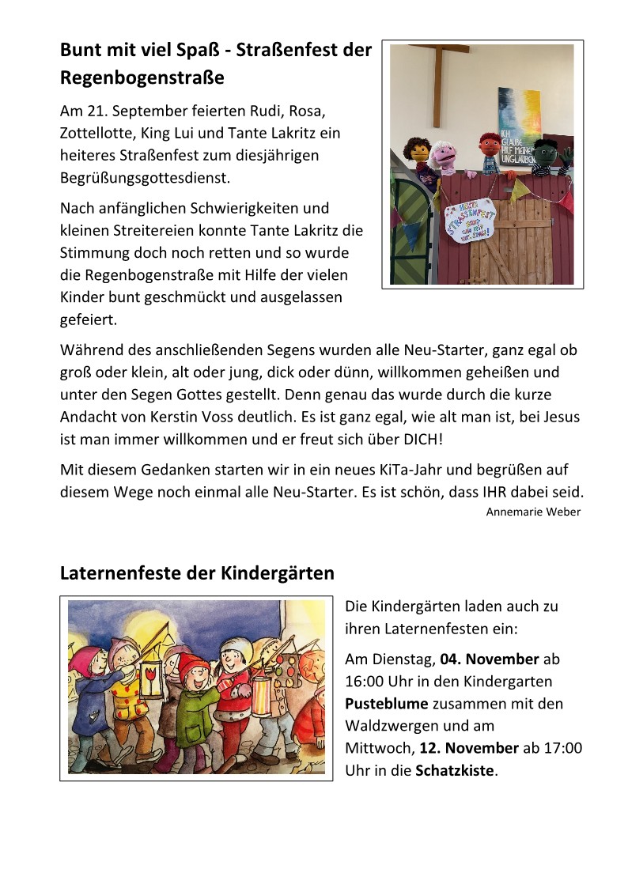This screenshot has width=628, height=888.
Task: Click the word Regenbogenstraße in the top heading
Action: pyautogui.click(x=142, y=78)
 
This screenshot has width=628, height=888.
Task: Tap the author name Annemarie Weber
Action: pyautogui.click(x=533, y=512)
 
